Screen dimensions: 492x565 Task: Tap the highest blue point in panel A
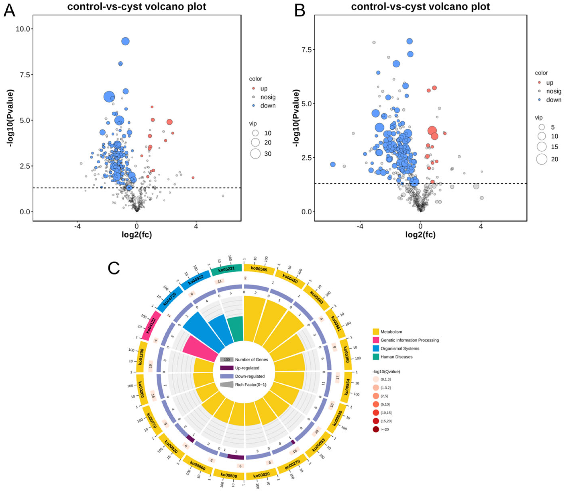coord(125,41)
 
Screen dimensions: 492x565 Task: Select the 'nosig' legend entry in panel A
coord(268,97)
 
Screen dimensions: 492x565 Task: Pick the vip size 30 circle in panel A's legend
coord(255,154)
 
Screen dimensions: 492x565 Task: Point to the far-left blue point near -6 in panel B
coord(333,164)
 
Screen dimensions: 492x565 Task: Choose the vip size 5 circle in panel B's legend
coord(542,127)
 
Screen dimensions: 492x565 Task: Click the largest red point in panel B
coord(432,131)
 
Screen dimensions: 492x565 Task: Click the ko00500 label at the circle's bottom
coord(229,476)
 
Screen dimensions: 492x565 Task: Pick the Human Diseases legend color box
coord(376,357)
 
